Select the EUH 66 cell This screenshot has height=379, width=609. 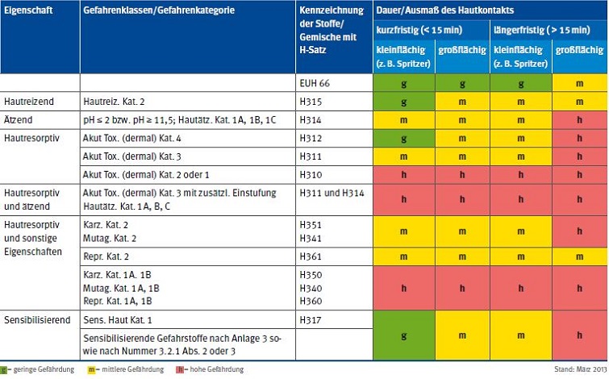pyautogui.click(x=315, y=83)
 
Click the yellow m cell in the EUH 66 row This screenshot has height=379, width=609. pyautogui.click(x=579, y=83)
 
